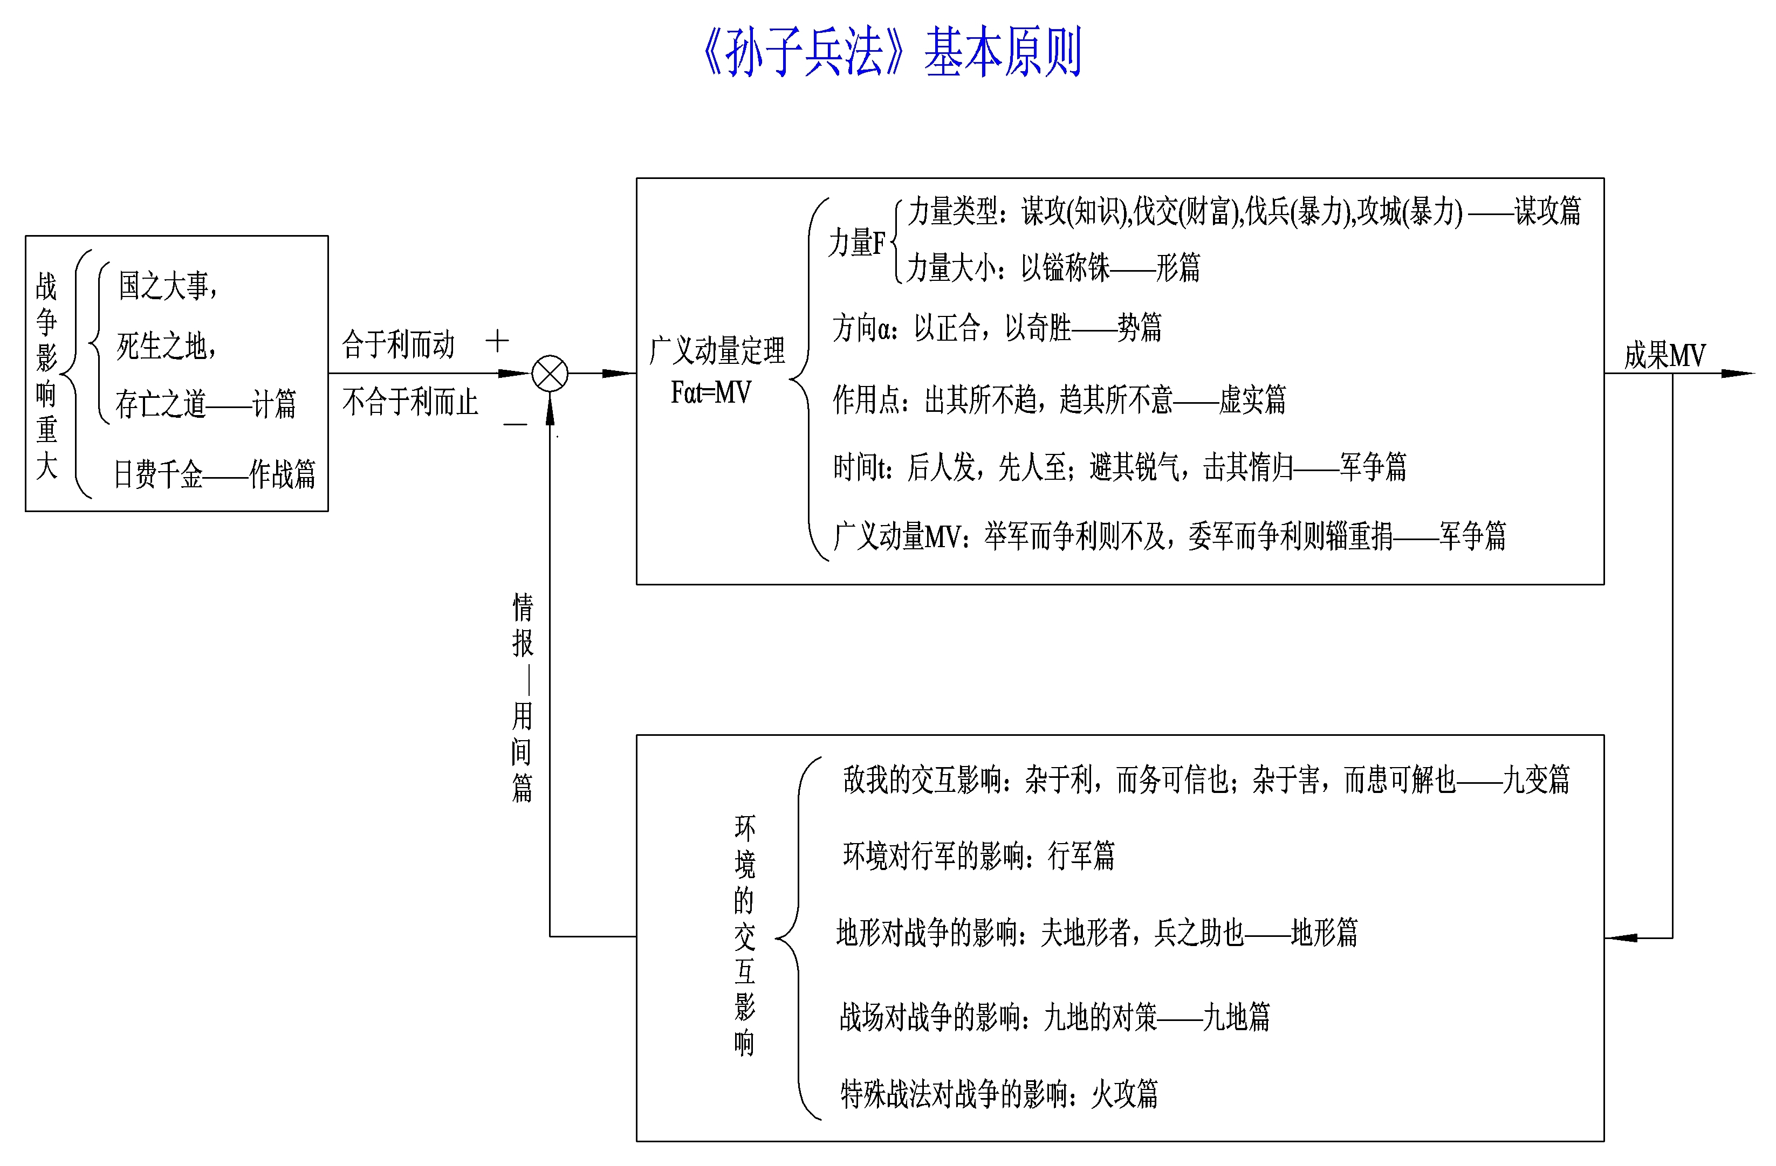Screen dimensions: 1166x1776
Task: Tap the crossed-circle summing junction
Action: click(x=550, y=374)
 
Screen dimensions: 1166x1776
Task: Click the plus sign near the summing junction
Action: click(x=497, y=342)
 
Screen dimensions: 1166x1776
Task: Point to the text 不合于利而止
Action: click(x=410, y=402)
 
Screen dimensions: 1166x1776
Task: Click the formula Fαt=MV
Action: click(x=710, y=392)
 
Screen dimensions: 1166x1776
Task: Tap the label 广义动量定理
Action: click(x=717, y=350)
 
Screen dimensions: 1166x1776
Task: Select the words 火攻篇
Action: click(x=1124, y=1094)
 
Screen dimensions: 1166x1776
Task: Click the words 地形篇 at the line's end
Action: click(x=1324, y=933)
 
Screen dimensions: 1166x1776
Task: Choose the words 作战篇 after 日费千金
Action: click(x=282, y=474)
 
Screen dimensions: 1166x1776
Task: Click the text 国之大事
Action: click(x=163, y=286)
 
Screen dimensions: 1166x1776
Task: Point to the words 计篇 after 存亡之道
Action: click(x=274, y=404)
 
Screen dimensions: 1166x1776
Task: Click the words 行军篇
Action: click(x=1081, y=855)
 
